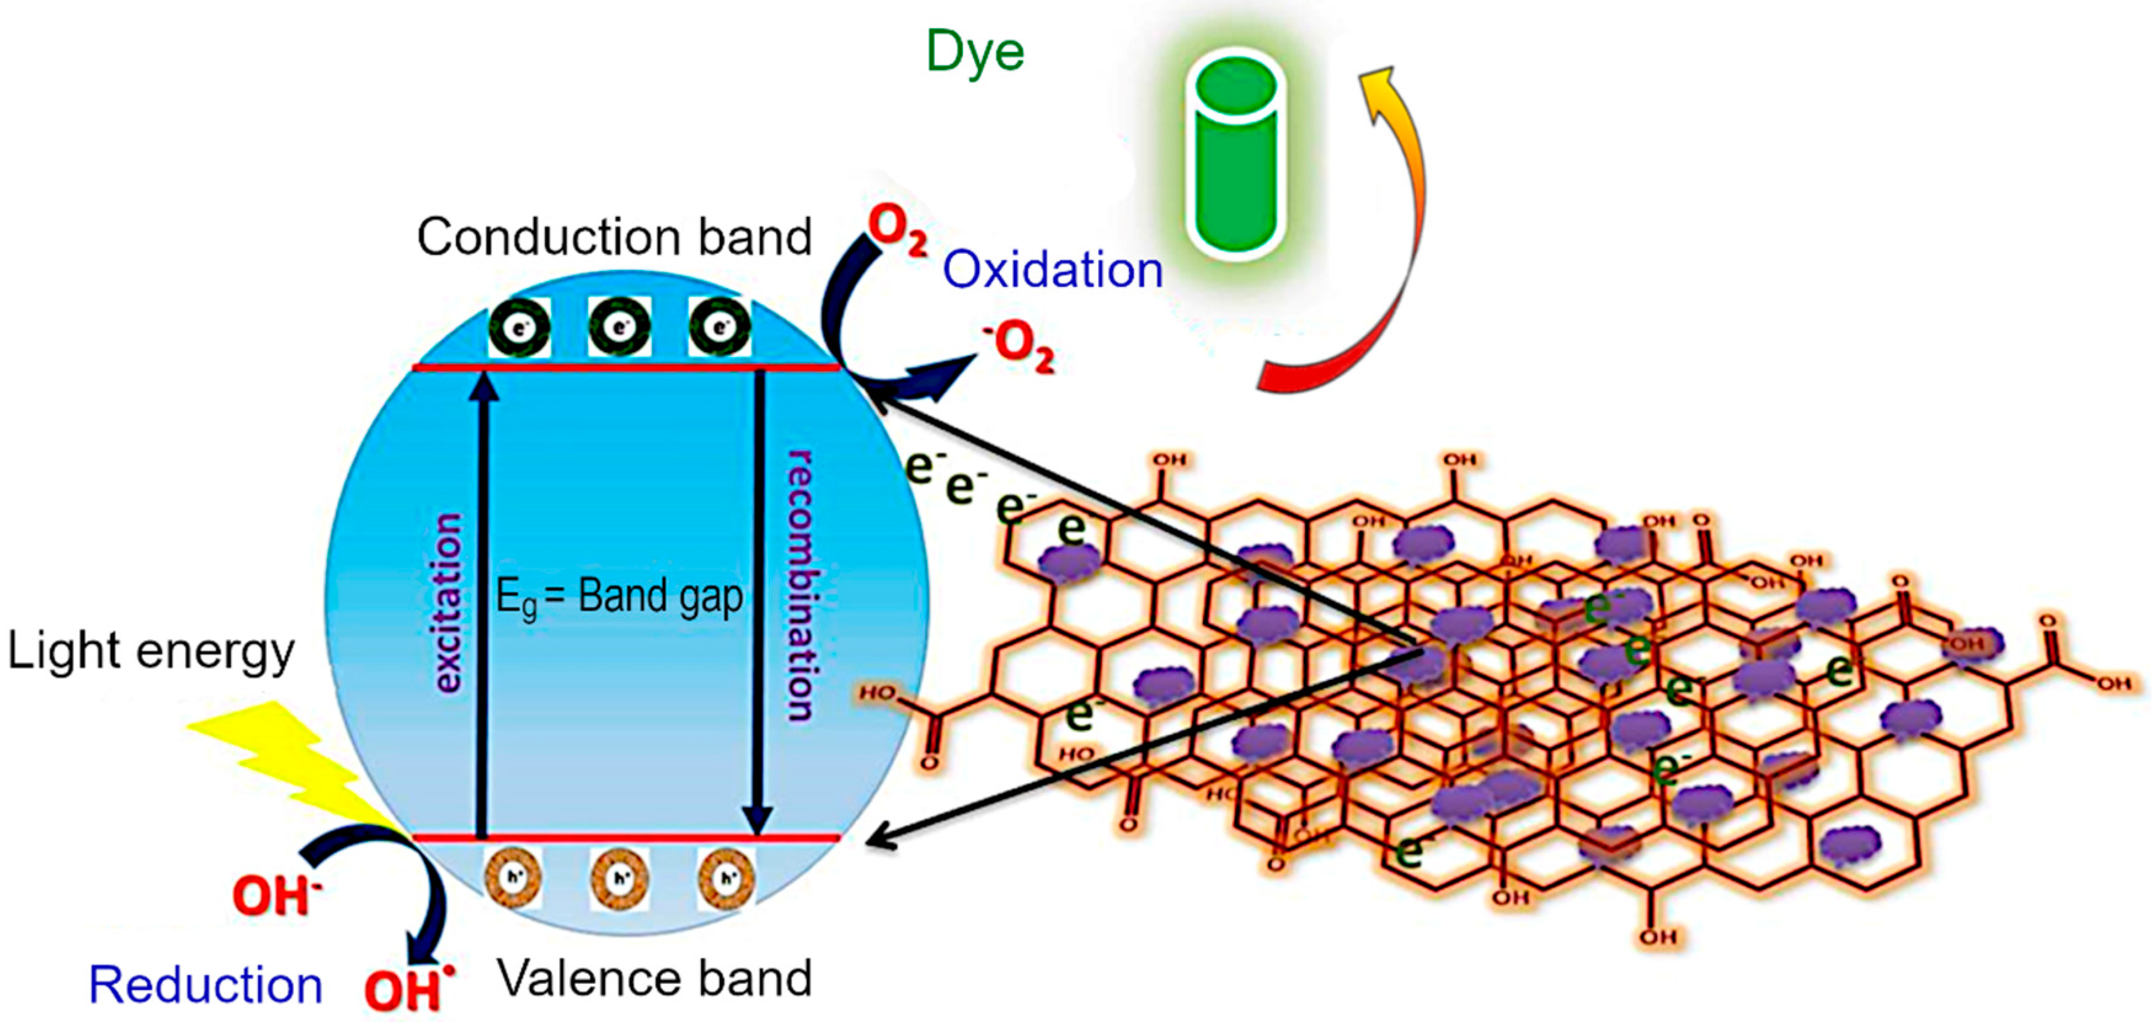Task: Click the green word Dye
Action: tap(975, 52)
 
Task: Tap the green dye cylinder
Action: tap(1236, 154)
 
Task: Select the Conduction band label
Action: tap(614, 237)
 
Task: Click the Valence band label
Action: tap(654, 978)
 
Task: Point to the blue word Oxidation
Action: tap(1052, 270)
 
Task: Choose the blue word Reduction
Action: tap(205, 985)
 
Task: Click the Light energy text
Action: tap(150, 651)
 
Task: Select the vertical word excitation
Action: tap(448, 603)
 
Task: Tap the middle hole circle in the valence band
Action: tap(619, 878)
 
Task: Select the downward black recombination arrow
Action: tap(758, 601)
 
